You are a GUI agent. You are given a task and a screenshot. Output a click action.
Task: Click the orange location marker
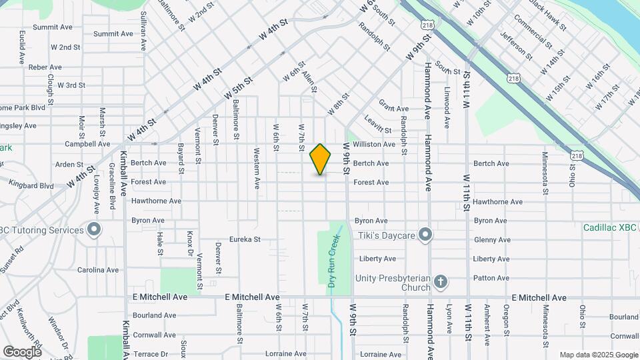[x=321, y=159]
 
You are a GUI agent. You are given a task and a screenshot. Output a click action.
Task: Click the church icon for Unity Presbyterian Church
[x=440, y=282]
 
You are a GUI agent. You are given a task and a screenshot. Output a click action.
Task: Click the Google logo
[x=22, y=351]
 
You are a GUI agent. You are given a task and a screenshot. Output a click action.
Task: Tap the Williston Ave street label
[x=374, y=144]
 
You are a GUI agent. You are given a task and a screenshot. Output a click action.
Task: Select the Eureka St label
[x=244, y=239]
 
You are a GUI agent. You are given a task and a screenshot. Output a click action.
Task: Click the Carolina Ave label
[x=97, y=270]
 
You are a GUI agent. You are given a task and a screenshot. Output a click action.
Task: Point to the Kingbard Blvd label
[x=32, y=186]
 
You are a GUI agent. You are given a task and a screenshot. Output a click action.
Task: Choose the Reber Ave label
[x=45, y=67]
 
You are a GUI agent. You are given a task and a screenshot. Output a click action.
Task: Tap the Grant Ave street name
[x=393, y=109]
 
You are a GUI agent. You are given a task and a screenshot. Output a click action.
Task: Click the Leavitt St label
[x=378, y=124]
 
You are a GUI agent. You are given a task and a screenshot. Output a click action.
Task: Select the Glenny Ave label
[x=491, y=240]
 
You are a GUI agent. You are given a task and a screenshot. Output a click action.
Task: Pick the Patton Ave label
[x=491, y=278]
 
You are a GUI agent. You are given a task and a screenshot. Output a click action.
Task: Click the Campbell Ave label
[x=87, y=144]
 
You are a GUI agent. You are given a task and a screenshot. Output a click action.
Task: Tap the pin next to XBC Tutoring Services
[x=94, y=231]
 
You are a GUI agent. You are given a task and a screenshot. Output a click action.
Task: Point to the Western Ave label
[x=257, y=169]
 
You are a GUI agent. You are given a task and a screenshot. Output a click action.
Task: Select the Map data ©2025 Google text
[x=598, y=355]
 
